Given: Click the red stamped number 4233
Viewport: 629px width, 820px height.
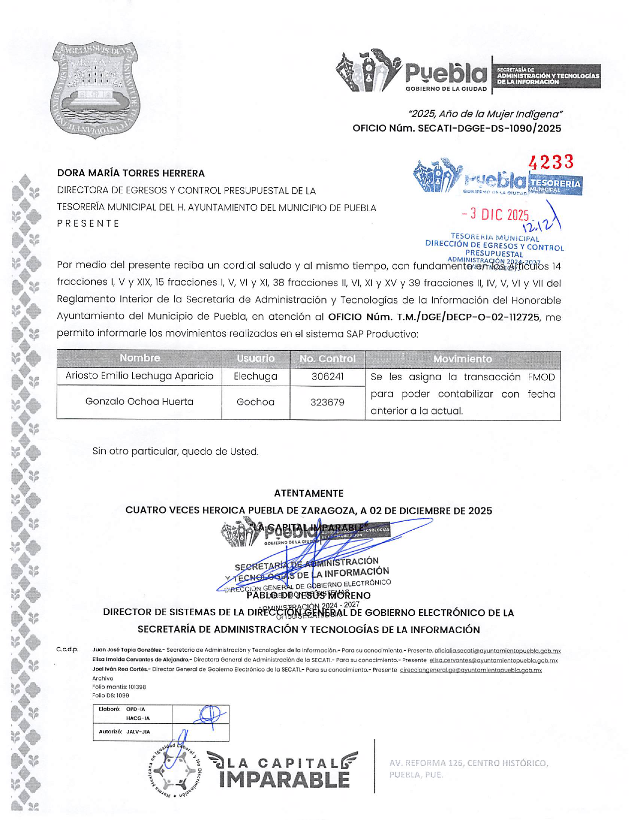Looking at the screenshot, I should click(551, 162).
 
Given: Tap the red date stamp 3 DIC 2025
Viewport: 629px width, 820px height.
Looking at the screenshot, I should click(495, 215).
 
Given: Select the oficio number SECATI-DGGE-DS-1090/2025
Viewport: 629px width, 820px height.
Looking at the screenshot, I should click(457, 129).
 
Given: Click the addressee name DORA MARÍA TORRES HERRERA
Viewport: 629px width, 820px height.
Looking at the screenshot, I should click(131, 173).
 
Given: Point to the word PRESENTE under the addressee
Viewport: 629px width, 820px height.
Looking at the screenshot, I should click(88, 224).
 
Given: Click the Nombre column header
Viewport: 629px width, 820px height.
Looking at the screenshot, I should click(140, 358).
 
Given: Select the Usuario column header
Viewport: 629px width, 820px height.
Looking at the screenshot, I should click(256, 358).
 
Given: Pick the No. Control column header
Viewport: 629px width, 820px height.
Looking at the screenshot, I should click(327, 359).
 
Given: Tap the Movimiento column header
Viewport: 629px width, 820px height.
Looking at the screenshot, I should click(463, 359).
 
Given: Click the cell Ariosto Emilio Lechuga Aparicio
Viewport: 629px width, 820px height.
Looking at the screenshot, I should click(140, 376).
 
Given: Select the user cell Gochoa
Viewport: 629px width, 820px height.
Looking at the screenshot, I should click(256, 402).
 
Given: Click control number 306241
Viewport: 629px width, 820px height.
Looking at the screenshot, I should click(327, 377).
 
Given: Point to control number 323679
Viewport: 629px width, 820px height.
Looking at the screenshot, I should click(327, 402).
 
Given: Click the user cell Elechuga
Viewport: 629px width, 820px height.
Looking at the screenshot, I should click(256, 377).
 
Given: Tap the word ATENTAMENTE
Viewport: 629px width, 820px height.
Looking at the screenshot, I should click(309, 493).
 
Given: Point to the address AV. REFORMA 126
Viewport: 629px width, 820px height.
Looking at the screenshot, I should click(469, 763).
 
